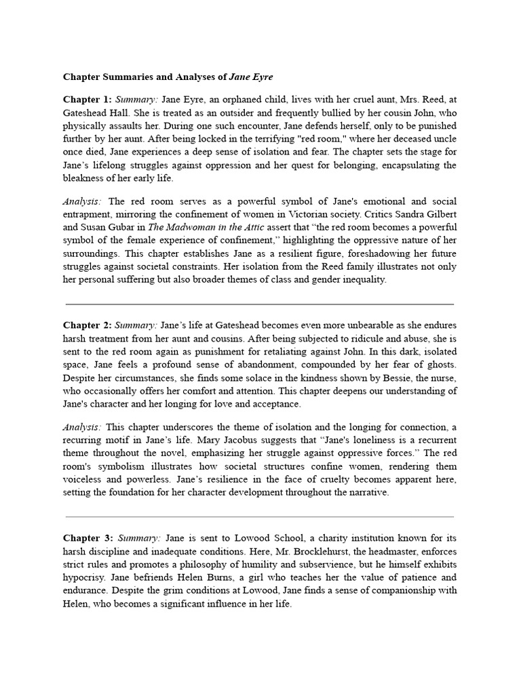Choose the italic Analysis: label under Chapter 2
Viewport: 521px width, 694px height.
coord(83,428)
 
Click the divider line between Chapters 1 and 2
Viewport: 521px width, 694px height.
coord(259,304)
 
